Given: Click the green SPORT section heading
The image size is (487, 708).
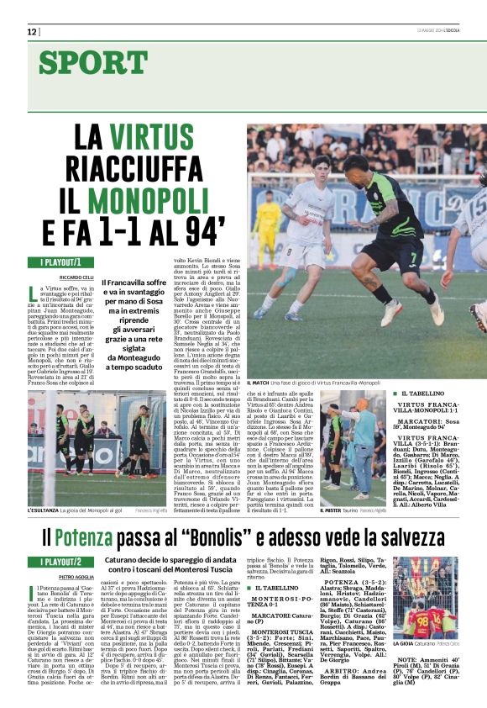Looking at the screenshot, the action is click(92, 62).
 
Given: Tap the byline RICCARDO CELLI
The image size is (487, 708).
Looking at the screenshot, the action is click(76, 277).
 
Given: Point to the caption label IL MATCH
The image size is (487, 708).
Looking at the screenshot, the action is click(258, 383).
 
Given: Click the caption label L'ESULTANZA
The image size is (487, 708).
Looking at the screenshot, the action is click(45, 510).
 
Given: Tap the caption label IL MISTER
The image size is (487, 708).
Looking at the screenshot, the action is click(334, 510).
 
